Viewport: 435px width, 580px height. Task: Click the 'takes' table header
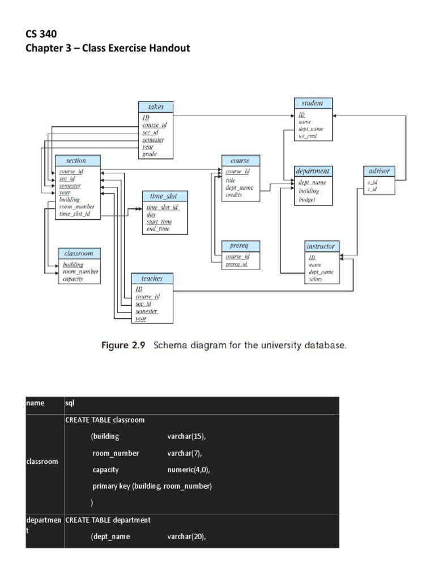pyautogui.click(x=156, y=107)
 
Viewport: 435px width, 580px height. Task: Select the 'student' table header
pyautogui.click(x=313, y=103)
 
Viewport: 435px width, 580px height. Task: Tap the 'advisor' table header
pyautogui.click(x=379, y=170)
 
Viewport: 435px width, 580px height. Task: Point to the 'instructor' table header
pyautogui.click(x=321, y=246)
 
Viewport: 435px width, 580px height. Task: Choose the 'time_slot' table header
pyautogui.click(x=164, y=196)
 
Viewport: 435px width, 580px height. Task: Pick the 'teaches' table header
pyautogui.click(x=152, y=279)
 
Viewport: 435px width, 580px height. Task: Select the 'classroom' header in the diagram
pyautogui.click(x=79, y=253)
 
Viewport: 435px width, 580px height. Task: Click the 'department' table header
pyautogui.click(x=313, y=170)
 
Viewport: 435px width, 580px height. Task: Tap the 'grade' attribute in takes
pyautogui.click(x=150, y=154)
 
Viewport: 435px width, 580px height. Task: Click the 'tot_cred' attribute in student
pyautogui.click(x=308, y=137)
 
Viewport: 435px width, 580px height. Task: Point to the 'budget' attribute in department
pyautogui.click(x=307, y=199)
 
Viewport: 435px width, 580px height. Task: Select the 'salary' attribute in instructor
pyautogui.click(x=315, y=279)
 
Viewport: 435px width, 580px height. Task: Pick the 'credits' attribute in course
pyautogui.click(x=234, y=195)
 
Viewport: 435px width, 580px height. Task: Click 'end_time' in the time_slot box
pyautogui.click(x=158, y=229)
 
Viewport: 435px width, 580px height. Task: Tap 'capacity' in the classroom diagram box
pyautogui.click(x=73, y=279)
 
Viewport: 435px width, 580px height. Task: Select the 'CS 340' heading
pyautogui.click(x=41, y=35)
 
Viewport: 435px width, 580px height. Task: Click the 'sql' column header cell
pyautogui.click(x=70, y=403)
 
